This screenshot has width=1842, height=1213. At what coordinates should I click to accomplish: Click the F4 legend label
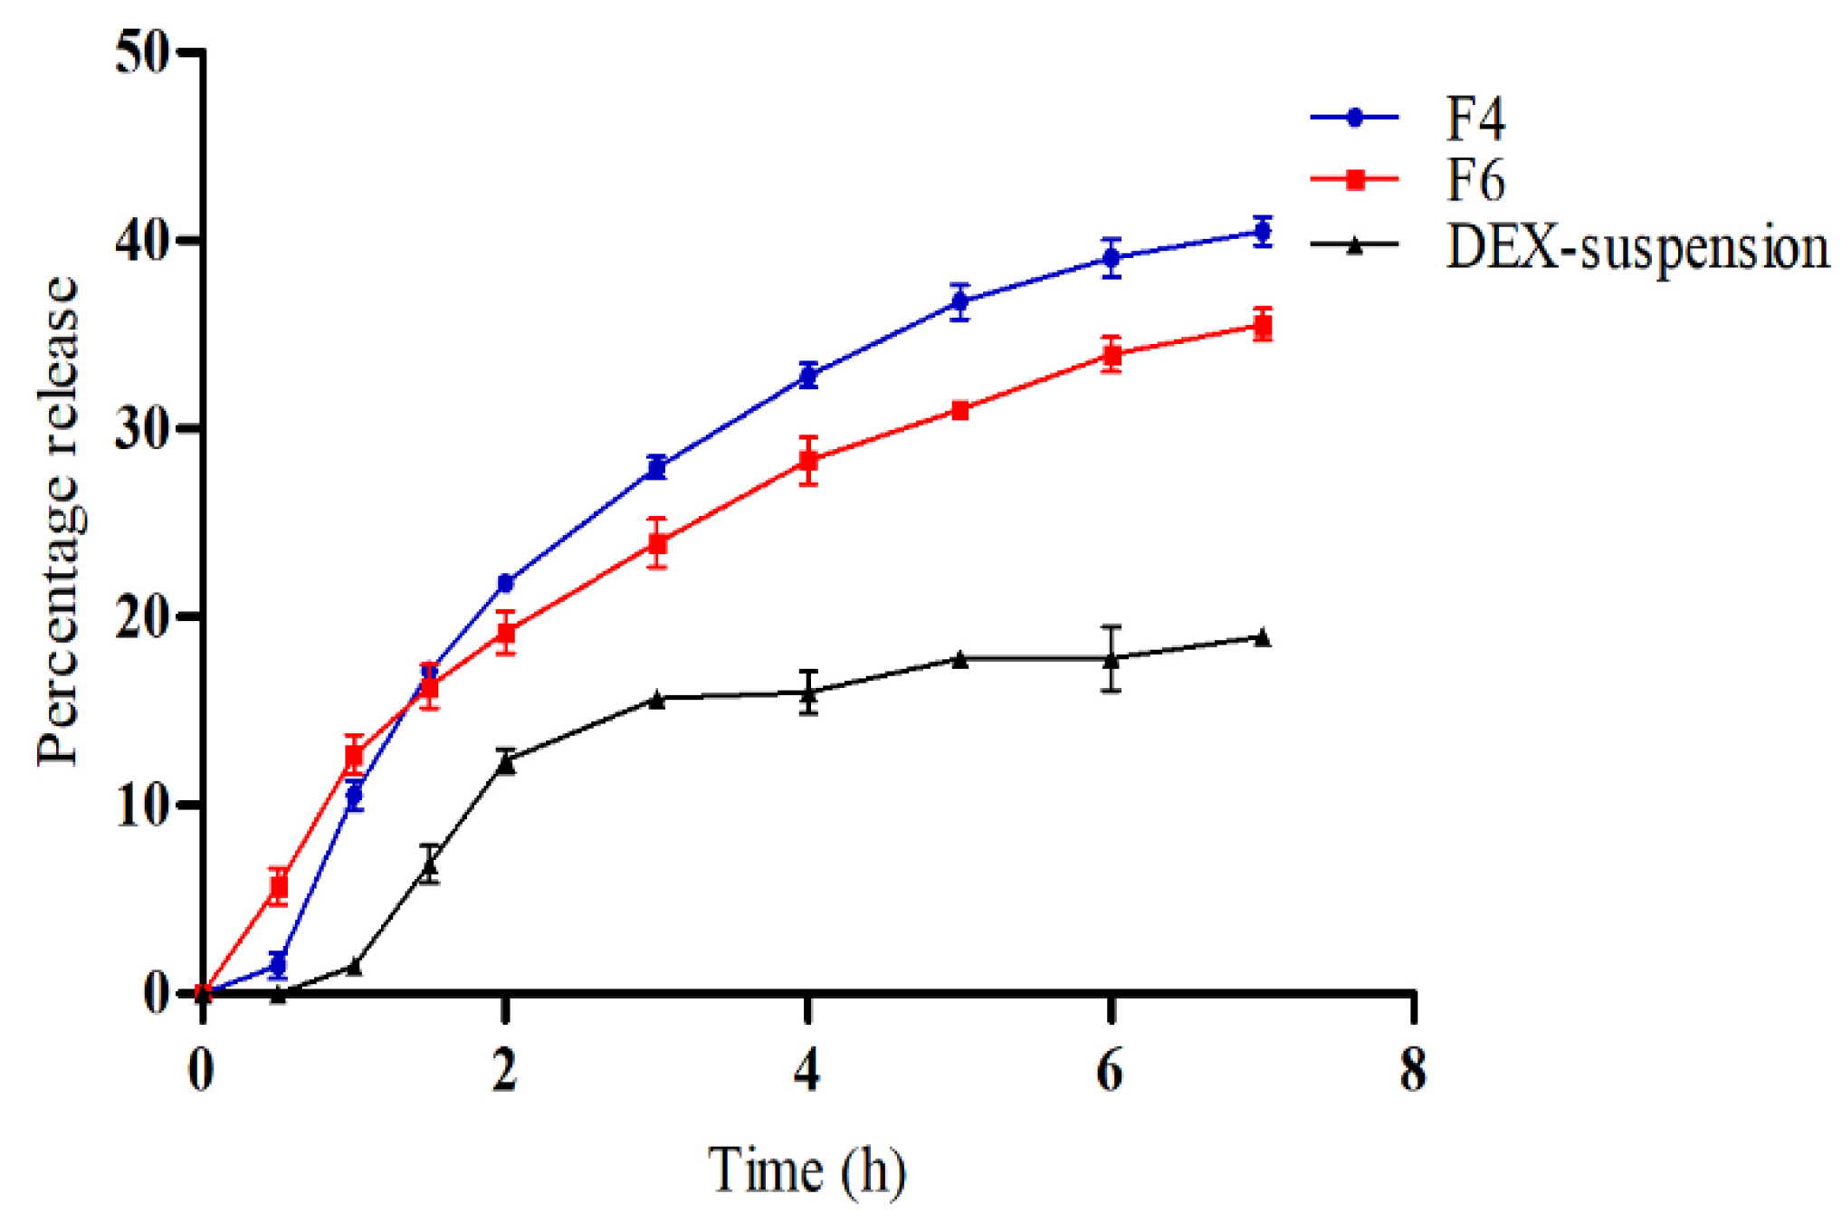(x=1475, y=119)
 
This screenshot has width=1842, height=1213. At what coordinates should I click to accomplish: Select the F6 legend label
(x=1475, y=180)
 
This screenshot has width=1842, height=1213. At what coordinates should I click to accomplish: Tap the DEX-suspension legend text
(x=1637, y=246)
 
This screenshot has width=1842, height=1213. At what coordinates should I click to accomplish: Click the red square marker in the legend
(x=1355, y=179)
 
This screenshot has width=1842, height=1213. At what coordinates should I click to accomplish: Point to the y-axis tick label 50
(x=143, y=53)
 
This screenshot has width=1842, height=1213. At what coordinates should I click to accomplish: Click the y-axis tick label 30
(x=143, y=429)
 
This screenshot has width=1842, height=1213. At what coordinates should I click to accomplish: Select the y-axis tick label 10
(x=143, y=805)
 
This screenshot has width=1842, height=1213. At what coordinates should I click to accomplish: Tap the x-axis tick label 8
(x=1413, y=1071)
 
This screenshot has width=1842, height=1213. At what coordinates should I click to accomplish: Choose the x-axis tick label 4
(x=807, y=1071)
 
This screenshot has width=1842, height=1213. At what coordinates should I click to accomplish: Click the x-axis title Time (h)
(x=806, y=1170)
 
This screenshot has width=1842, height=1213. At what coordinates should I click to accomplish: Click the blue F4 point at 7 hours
(x=1263, y=232)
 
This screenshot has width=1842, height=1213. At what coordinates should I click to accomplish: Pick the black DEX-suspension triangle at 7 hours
(x=1263, y=638)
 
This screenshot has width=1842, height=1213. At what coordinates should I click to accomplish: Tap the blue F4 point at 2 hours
(x=506, y=583)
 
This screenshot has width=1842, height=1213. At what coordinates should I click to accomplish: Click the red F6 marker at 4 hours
(x=808, y=461)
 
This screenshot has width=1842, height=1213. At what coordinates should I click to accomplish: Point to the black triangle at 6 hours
(x=1112, y=659)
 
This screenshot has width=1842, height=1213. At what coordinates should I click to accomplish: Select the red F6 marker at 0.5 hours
(x=280, y=886)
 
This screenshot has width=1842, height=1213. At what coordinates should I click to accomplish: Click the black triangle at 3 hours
(x=657, y=699)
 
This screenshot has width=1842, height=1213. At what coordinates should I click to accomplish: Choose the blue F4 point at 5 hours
(x=960, y=302)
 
